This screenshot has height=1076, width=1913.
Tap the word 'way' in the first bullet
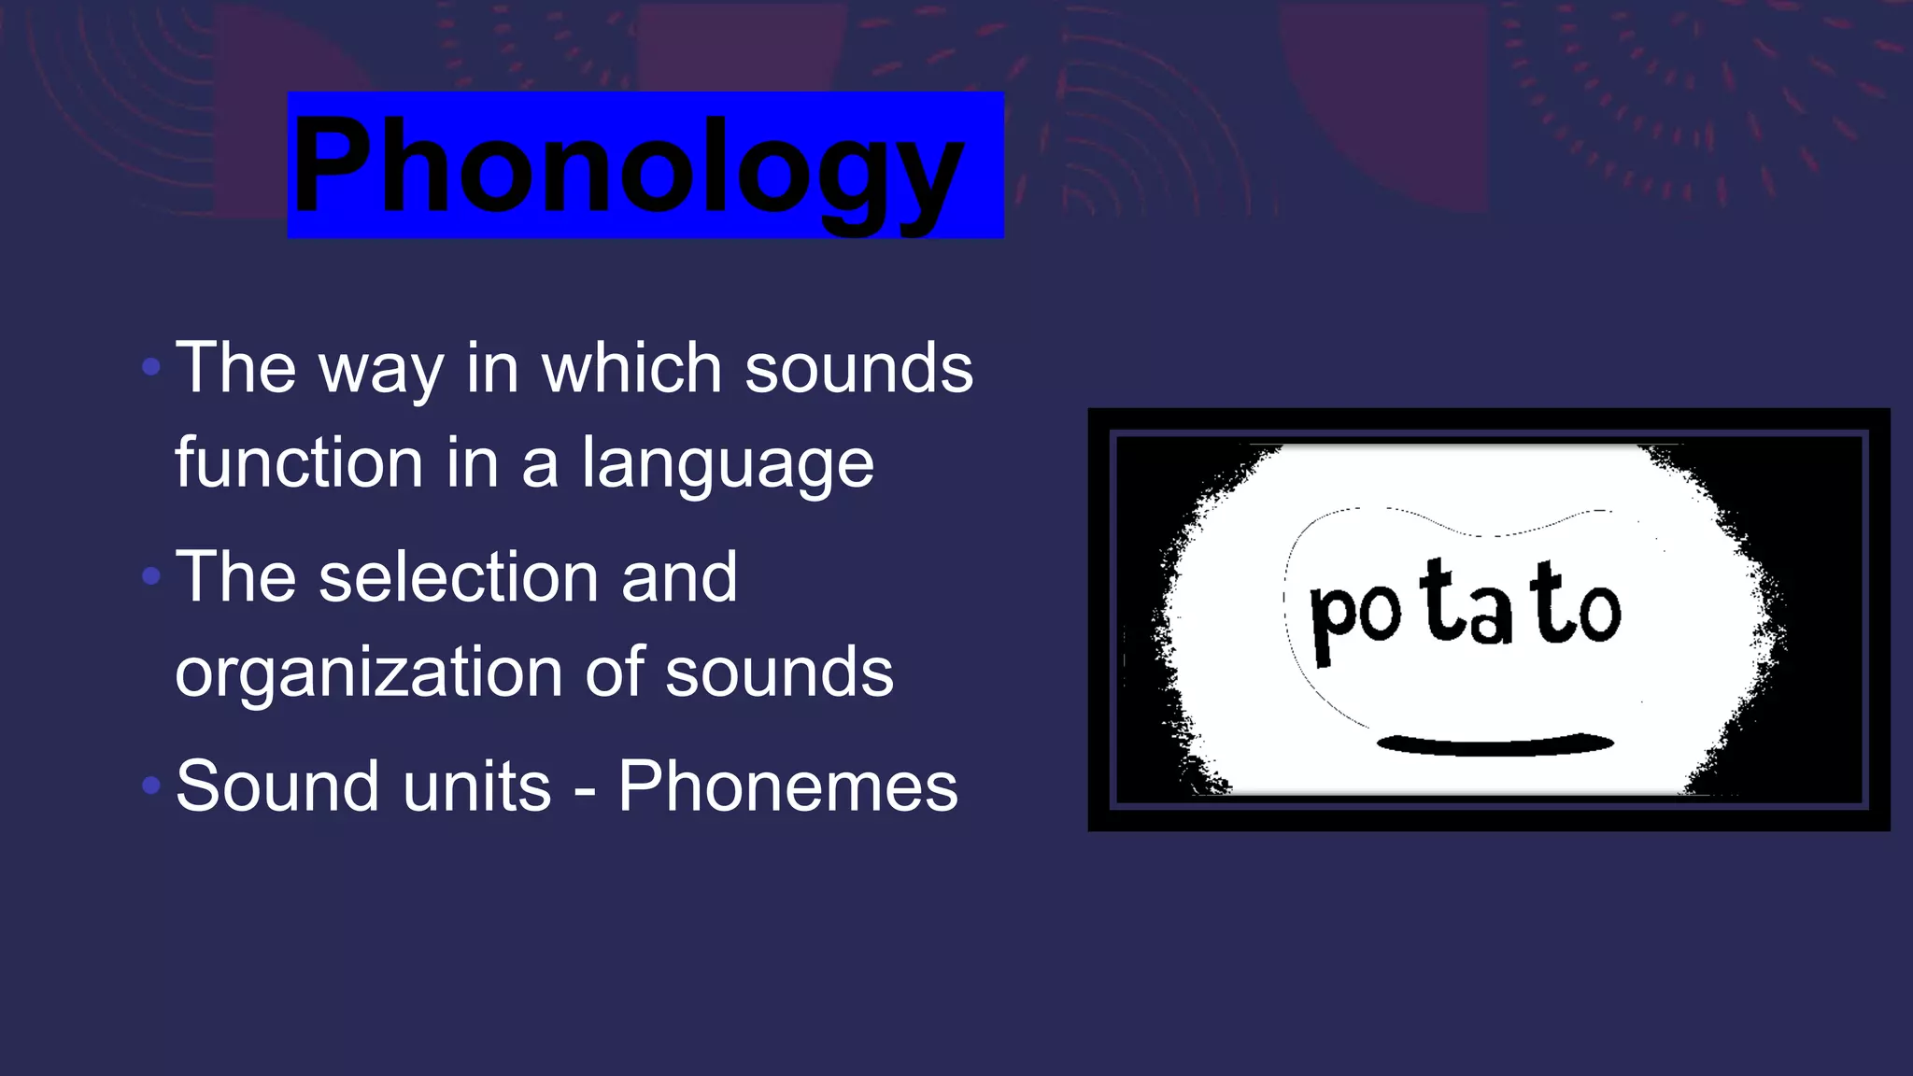click(381, 370)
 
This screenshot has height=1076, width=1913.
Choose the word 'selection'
click(458, 577)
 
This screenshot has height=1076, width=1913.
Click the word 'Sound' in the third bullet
click(276, 786)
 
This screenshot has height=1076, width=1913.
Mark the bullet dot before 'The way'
click(151, 366)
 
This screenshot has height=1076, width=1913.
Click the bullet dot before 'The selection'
click(151, 576)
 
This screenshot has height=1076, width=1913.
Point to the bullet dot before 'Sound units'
click(151, 786)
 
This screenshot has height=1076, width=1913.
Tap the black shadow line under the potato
click(1495, 744)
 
